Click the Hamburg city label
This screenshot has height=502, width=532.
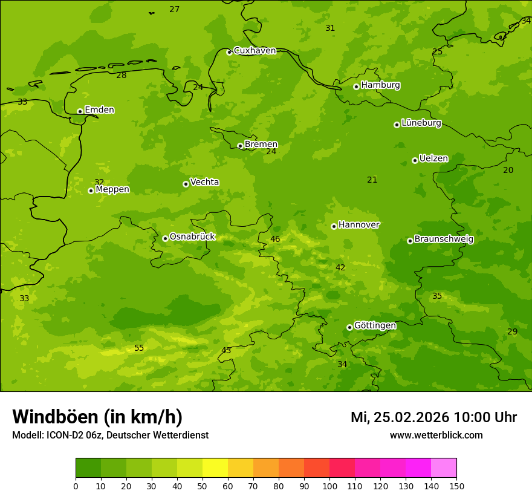coord(380,85)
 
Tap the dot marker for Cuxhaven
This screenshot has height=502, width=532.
coord(229,52)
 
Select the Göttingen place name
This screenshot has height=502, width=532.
coord(375,325)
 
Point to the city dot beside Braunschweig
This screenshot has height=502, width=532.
coord(410,241)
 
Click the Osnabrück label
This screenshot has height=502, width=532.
coord(192,236)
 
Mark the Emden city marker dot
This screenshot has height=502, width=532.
coord(80,111)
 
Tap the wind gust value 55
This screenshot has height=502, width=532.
coord(139,348)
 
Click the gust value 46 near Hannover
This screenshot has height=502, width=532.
coord(275,239)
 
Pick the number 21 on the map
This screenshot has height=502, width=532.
coord(372,180)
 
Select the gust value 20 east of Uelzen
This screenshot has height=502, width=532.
coord(508,170)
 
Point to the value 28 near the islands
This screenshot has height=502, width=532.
coord(122,75)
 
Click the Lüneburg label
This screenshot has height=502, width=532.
coord(421,123)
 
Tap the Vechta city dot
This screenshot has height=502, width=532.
coord(186,184)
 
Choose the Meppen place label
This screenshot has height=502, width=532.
coord(112,189)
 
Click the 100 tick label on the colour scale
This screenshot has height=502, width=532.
coord(329,486)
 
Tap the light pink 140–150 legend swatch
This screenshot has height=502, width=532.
coord(444,468)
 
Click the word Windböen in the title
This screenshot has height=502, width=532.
coord(55,417)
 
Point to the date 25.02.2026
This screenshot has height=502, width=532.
coord(411,417)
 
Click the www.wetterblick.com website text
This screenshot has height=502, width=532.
coord(436,435)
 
